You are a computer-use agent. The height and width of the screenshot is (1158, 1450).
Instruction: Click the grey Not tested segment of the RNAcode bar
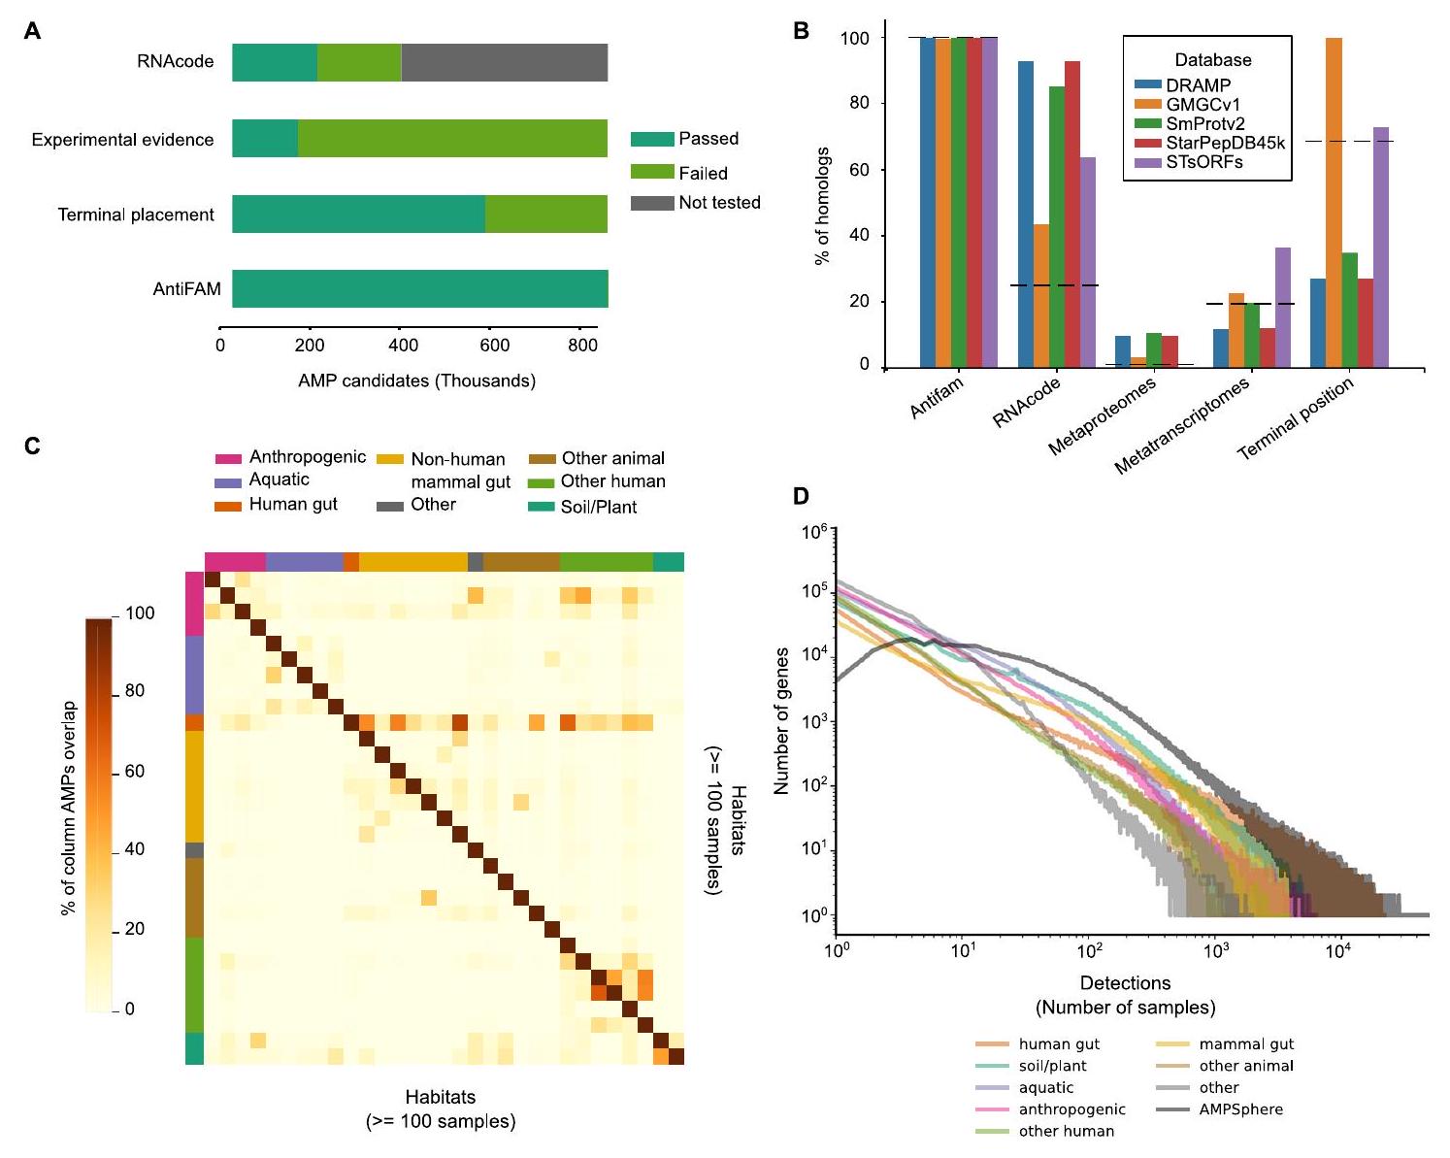[504, 62]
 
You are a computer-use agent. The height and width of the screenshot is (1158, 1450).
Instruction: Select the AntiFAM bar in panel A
[419, 289]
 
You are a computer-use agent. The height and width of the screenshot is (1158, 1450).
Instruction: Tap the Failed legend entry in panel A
[679, 173]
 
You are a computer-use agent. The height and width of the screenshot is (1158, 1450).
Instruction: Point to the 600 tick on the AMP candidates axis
[493, 345]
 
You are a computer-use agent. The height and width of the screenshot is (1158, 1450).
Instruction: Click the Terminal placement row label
[136, 215]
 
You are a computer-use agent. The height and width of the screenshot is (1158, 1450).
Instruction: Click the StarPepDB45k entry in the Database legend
[1226, 143]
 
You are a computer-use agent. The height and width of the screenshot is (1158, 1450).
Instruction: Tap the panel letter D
[801, 496]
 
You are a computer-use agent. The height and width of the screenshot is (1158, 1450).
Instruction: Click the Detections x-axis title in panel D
[1125, 983]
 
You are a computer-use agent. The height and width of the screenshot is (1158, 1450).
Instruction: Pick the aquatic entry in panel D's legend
[1045, 1088]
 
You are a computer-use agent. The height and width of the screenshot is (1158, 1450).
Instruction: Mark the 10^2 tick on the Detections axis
[1089, 951]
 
